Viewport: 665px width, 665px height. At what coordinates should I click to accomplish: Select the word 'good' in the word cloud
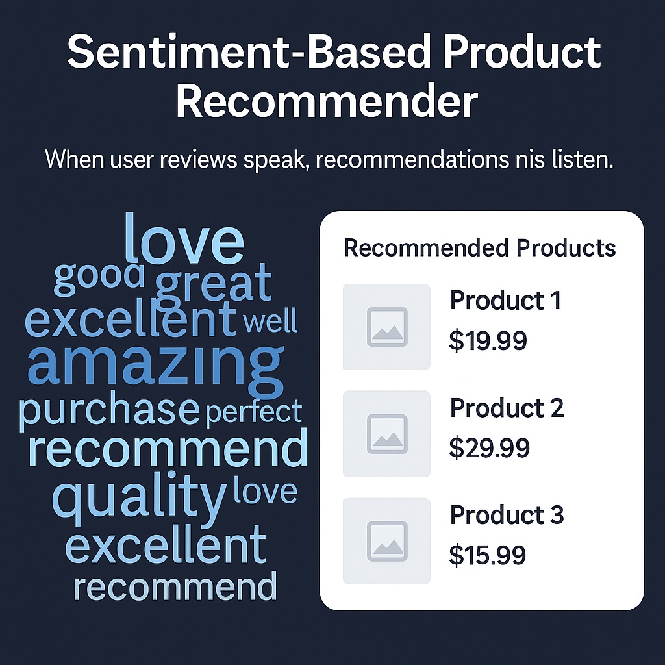pyautogui.click(x=99, y=278)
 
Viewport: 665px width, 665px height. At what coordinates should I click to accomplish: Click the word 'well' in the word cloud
pyautogui.click(x=270, y=321)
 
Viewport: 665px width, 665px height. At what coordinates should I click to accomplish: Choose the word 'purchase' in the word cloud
pyautogui.click(x=109, y=411)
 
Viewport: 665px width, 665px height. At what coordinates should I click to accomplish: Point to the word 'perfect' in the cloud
pyautogui.click(x=254, y=412)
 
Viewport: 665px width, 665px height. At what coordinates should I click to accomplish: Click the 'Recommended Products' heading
pyautogui.click(x=479, y=248)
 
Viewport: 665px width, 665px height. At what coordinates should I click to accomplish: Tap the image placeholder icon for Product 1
pyautogui.click(x=387, y=327)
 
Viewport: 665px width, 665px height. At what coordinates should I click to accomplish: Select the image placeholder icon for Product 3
pyautogui.click(x=387, y=541)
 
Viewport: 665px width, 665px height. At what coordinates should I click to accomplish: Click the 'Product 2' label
pyautogui.click(x=507, y=408)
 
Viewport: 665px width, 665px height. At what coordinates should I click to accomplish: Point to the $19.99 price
pyautogui.click(x=488, y=340)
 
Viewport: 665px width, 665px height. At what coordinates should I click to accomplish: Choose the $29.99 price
pyautogui.click(x=490, y=448)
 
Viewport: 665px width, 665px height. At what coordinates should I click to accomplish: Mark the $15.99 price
pyautogui.click(x=487, y=555)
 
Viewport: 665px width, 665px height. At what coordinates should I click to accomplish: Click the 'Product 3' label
pyautogui.click(x=507, y=515)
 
